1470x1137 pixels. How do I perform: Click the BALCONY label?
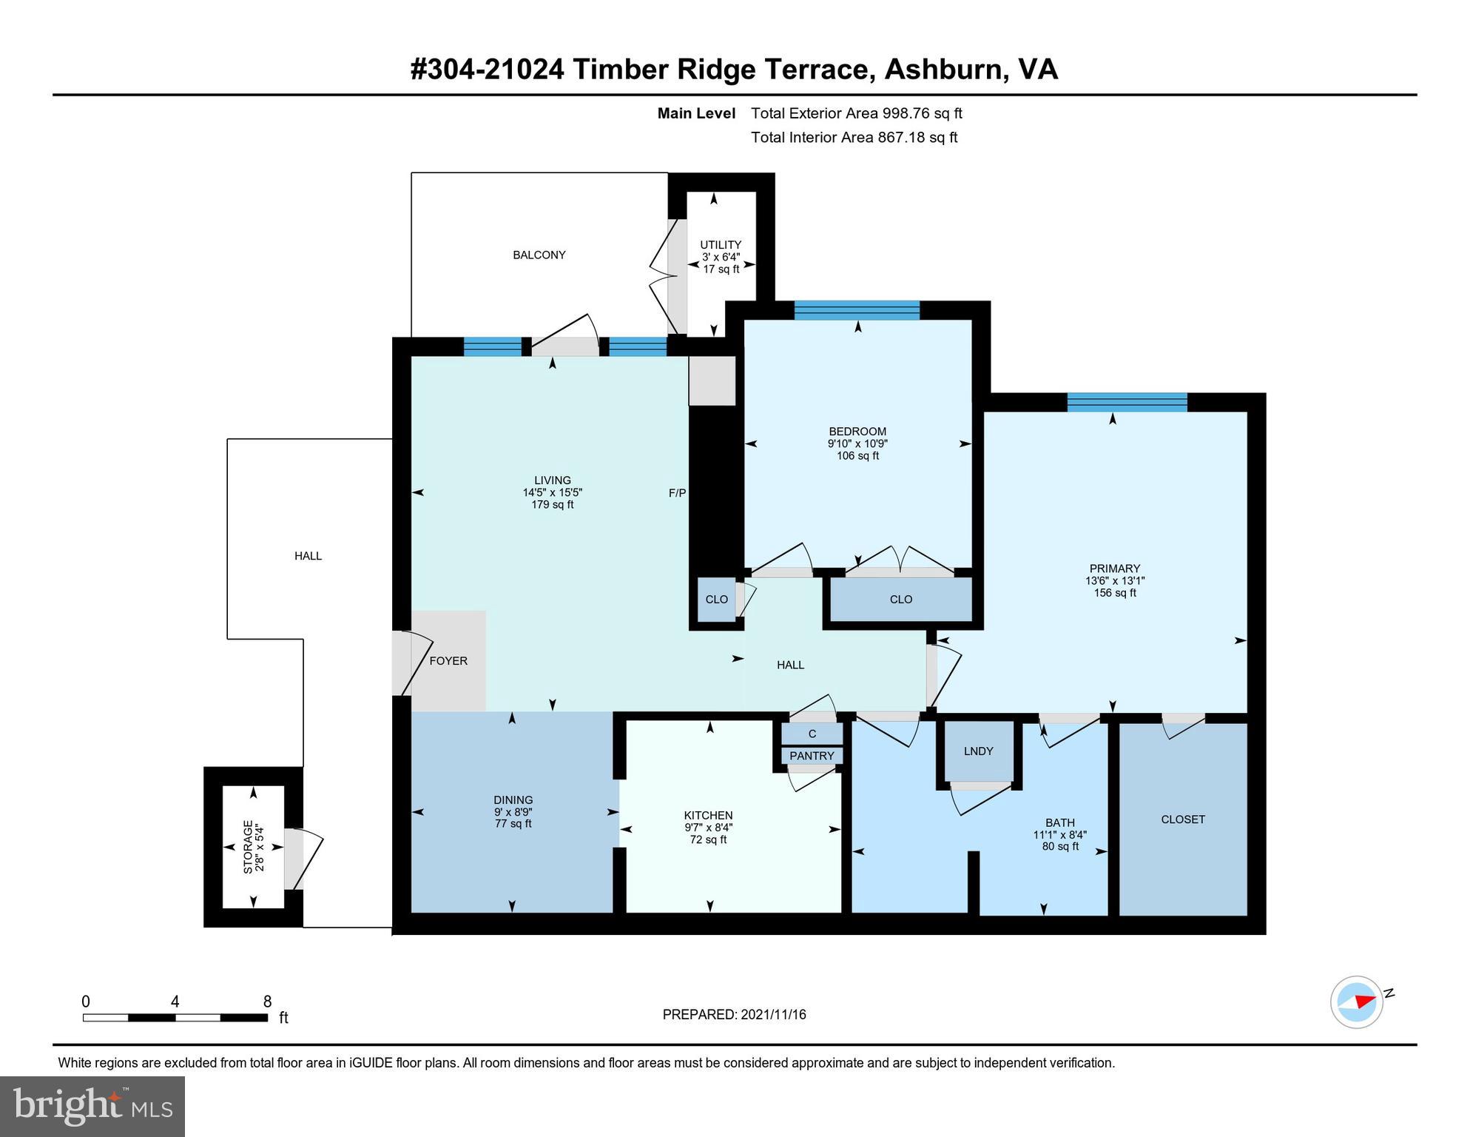pos(539,255)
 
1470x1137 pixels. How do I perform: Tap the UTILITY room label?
pos(721,245)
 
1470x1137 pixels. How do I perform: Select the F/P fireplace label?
pos(677,493)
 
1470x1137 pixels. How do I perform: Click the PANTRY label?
pos(812,756)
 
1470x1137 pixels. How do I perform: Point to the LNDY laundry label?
pos(978,751)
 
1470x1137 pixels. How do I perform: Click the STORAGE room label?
pos(248,847)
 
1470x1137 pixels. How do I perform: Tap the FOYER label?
pos(448,661)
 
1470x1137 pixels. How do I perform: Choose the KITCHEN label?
pos(708,816)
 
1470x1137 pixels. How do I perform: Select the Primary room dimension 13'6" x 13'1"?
pos(1115,581)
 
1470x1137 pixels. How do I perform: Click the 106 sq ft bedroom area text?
pos(857,456)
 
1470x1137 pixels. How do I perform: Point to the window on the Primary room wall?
pos(1127,402)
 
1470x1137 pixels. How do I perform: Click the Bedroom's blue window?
pos(857,310)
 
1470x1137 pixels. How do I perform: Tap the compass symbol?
pos(1357,1002)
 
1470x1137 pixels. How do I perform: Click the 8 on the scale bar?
pos(267,1002)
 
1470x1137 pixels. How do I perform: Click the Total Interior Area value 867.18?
pos(900,138)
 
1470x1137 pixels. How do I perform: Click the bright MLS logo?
pos(92,1106)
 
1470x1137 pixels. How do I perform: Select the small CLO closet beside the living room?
pos(716,600)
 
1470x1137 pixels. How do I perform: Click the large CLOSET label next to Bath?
pos(1183,819)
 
